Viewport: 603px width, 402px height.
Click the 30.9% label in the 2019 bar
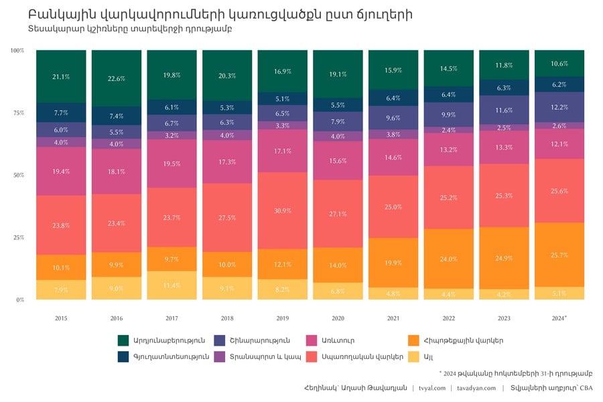283,210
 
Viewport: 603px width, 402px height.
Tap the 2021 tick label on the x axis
393,318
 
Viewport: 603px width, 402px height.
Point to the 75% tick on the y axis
17,113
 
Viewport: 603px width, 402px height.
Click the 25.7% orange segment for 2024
559,255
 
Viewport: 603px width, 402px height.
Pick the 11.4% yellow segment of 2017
172,285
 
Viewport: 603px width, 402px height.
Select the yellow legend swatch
413,357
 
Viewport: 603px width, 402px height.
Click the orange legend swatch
413,340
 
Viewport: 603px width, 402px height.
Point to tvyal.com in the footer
432,388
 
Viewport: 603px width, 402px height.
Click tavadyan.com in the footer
476,388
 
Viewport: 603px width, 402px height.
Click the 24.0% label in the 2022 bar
448,259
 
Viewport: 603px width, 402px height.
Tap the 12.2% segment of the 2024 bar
559,107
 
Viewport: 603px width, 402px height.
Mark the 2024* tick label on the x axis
559,318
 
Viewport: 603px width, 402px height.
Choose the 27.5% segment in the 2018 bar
227,218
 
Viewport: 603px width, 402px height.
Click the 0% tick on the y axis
19,300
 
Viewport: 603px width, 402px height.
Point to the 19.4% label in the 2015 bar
61,172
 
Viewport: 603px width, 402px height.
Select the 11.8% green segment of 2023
504,65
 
